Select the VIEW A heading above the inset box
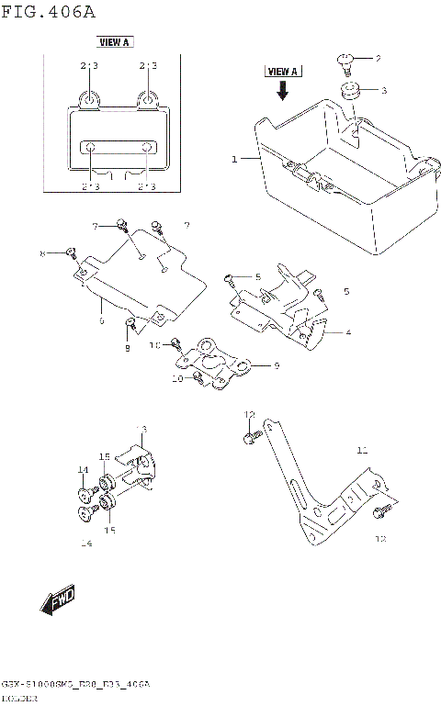tap(115, 42)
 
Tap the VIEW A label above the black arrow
tap(283, 72)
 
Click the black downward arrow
tap(283, 90)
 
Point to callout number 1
tap(234, 159)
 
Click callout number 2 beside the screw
tap(377, 58)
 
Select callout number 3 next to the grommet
tap(384, 90)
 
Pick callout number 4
tap(348, 331)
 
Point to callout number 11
tap(362, 450)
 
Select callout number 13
tap(142, 430)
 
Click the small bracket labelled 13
tap(138, 464)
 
